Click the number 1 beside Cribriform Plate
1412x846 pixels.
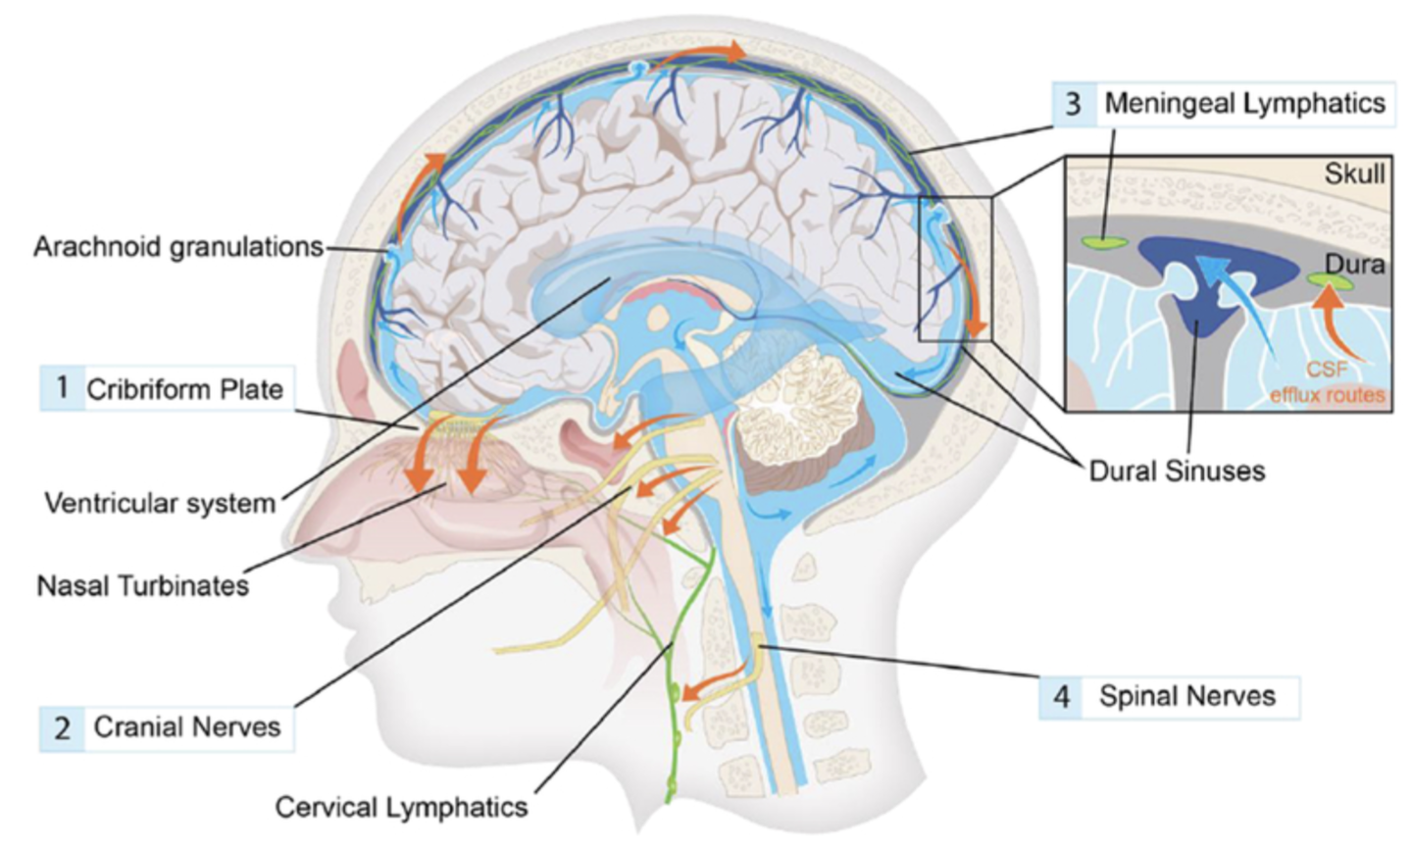pos(62,387)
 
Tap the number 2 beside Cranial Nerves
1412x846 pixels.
pos(62,728)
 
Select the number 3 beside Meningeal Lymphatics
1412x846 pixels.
pos(1074,104)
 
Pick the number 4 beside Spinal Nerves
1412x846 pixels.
pos(1061,696)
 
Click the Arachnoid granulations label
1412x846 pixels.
pos(177,246)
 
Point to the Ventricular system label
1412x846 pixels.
pos(160,504)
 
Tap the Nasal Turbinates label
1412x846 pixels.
pos(142,585)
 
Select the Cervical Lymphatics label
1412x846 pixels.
pos(400,807)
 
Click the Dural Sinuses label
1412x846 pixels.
pos(1177,471)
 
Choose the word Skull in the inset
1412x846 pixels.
pos(1354,174)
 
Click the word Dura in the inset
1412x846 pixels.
pos(1354,263)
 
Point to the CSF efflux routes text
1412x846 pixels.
pos(1327,383)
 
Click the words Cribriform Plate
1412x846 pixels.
pos(184,389)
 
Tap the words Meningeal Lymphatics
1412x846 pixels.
pos(1244,104)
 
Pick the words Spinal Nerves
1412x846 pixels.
pos(1186,696)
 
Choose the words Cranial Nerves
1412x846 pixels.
pos(186,727)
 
